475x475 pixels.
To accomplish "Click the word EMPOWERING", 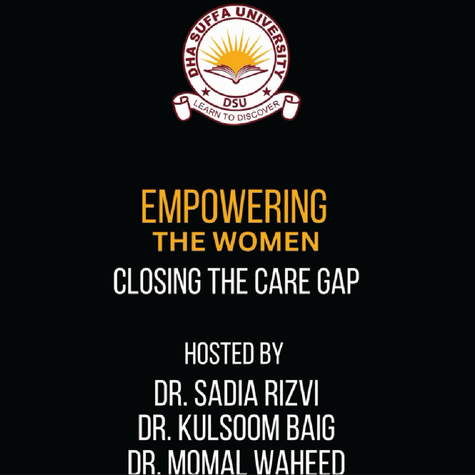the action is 234,206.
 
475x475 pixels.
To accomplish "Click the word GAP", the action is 338,281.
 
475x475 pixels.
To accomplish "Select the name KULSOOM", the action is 227,427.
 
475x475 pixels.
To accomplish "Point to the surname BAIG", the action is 310,427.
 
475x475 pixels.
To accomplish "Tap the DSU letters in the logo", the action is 235,103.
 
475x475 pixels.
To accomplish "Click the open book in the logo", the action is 236,74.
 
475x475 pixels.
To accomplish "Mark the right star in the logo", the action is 267,91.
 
